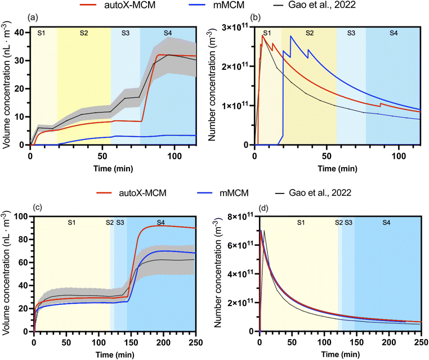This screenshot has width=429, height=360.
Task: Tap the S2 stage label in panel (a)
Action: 83,33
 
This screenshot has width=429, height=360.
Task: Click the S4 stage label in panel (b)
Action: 392,33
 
